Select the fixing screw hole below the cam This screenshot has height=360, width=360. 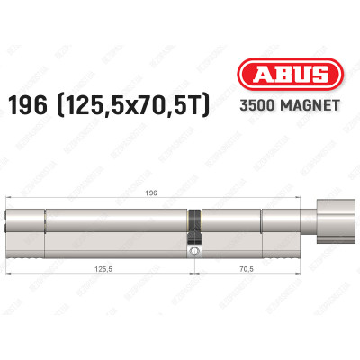click(193, 253)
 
